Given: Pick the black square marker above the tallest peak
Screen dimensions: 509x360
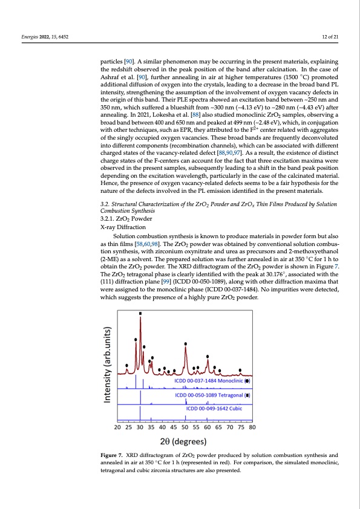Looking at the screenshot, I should [140, 313].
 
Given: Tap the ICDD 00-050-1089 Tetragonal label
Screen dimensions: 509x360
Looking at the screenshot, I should [212, 395].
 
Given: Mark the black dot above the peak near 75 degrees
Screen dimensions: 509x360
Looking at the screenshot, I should [240, 370].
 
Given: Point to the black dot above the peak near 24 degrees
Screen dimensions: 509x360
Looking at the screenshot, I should [126, 365].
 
